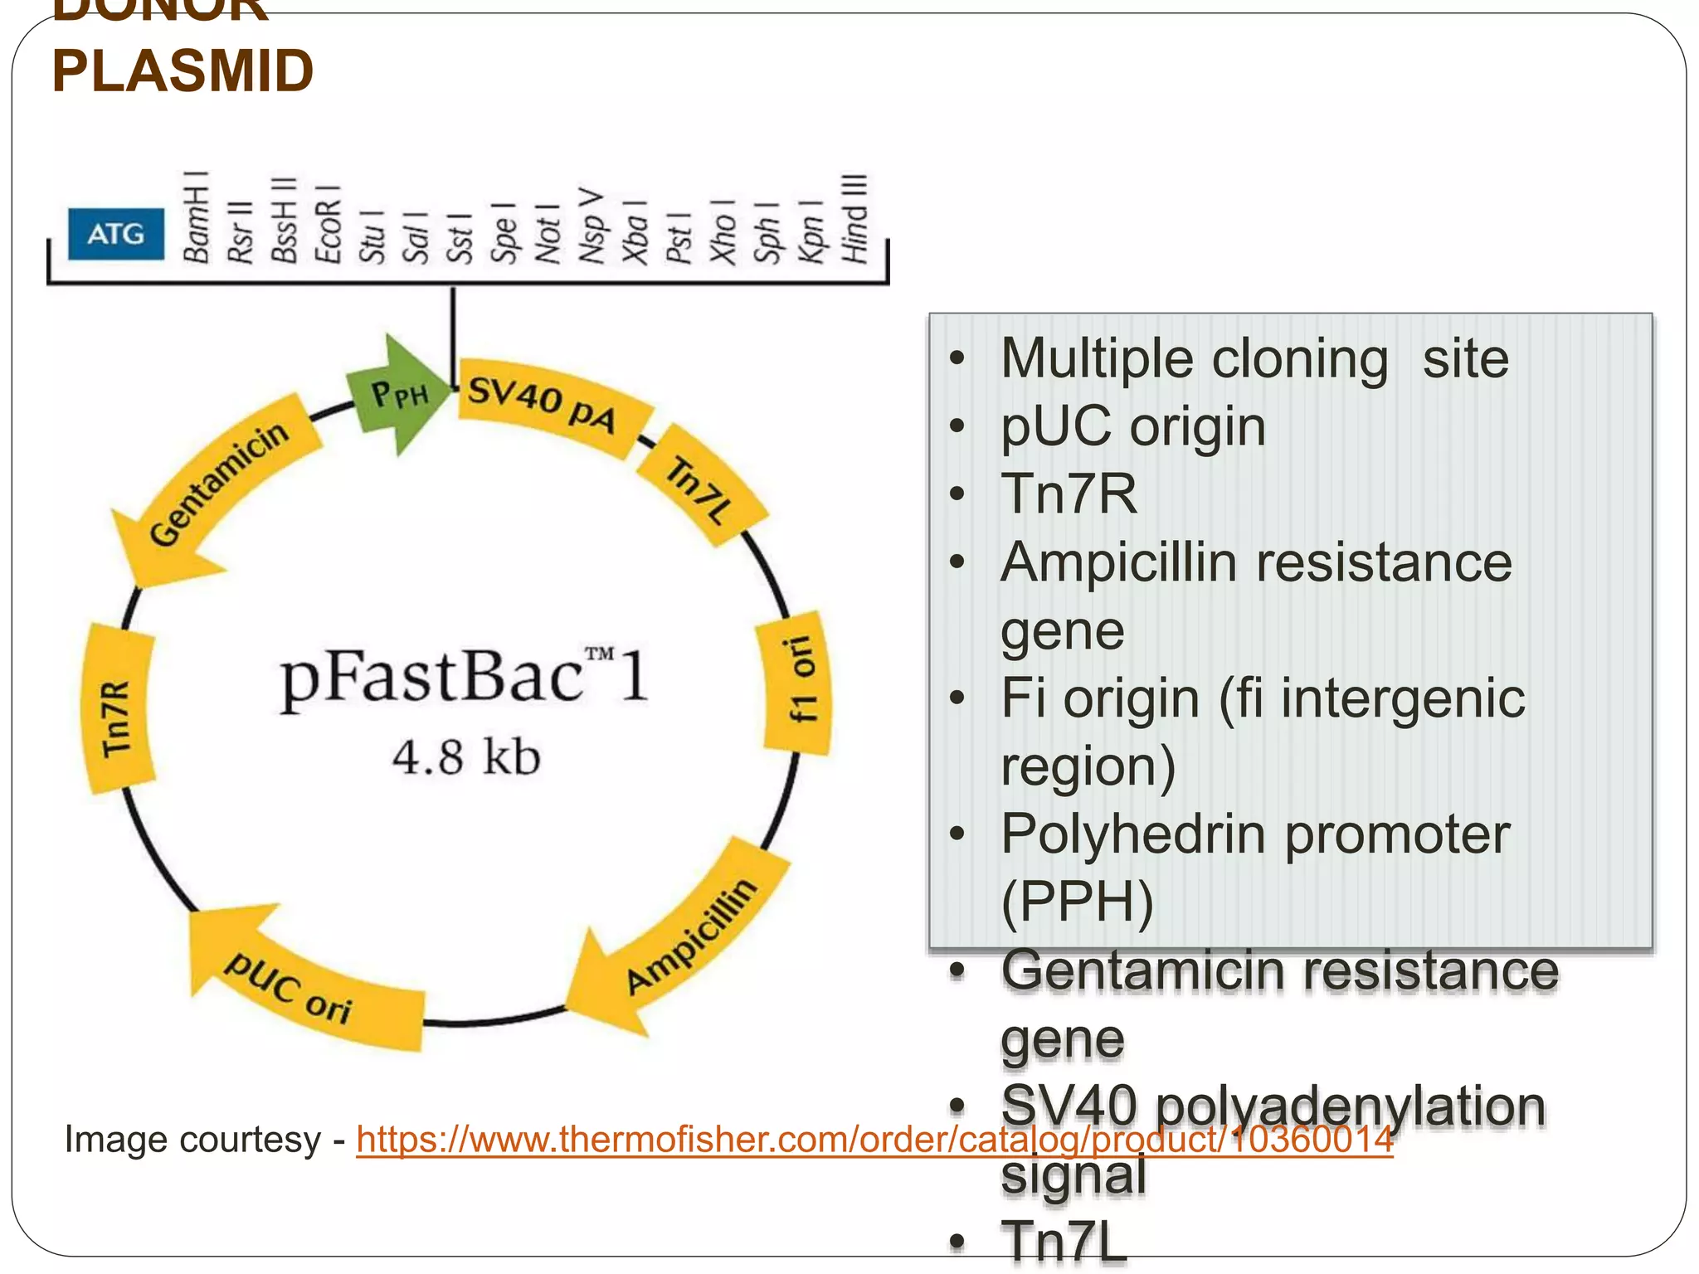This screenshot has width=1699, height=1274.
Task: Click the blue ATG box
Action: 115,234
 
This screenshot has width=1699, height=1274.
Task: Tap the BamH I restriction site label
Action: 197,217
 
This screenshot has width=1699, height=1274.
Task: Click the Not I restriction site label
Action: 548,234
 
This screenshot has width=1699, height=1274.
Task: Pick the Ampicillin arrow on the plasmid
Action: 689,937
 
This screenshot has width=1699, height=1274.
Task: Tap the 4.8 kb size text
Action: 466,756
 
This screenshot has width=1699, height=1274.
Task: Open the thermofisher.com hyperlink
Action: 874,1140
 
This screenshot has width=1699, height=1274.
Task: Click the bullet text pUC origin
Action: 1132,426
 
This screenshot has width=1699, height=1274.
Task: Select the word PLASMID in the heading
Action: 183,71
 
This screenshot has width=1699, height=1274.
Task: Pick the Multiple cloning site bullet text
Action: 1254,358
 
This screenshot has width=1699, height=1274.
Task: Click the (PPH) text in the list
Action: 1077,902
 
